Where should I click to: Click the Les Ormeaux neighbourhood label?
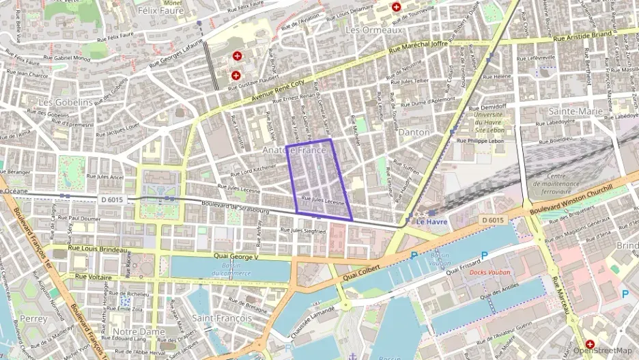373,30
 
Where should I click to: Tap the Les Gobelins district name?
66,102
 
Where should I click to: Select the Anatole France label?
294,150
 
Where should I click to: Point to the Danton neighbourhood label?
414,132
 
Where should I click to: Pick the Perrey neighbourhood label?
34,318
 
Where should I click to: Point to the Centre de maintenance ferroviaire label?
565,180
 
